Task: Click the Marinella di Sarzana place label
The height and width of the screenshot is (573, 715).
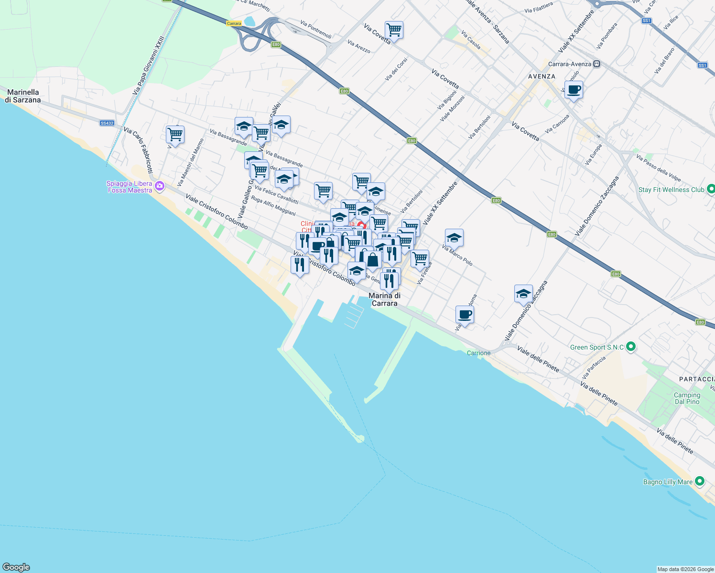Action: tap(23, 96)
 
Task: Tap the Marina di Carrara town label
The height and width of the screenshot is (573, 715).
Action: tap(384, 299)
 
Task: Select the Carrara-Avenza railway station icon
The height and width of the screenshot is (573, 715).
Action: tap(596, 64)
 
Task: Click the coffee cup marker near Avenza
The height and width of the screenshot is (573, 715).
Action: tap(574, 90)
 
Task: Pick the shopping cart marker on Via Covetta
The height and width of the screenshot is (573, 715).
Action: tap(394, 30)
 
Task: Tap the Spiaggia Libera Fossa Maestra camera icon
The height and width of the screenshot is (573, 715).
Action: tap(160, 186)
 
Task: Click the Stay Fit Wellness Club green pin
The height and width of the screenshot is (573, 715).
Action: tap(710, 190)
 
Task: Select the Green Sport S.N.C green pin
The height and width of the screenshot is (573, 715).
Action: tap(630, 347)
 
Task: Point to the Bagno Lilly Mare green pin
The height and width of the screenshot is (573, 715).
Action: tap(700, 481)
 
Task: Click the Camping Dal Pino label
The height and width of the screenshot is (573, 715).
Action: tap(687, 398)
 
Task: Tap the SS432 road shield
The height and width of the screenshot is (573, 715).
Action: tap(107, 123)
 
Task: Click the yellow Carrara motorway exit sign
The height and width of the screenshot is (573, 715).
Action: tap(234, 23)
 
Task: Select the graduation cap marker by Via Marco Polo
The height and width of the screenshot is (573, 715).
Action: tap(454, 238)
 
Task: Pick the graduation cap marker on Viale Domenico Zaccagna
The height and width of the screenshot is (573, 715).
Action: tap(523, 294)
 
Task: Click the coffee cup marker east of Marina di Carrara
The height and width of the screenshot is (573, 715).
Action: tap(465, 315)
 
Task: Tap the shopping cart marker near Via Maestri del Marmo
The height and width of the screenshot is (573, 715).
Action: tap(175, 135)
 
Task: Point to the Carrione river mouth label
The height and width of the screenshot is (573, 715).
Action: tap(478, 353)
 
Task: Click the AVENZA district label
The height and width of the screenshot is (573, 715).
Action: tap(542, 76)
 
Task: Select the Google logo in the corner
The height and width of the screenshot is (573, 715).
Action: tap(16, 567)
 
